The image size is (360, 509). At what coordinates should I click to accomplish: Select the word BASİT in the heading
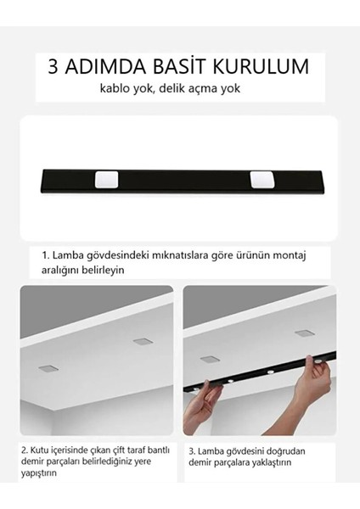pos(181,67)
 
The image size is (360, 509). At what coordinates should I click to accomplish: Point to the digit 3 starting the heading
pos(55,67)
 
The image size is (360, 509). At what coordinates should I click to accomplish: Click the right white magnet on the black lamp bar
pos(260,180)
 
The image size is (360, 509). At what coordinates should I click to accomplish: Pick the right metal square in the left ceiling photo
pos(141,341)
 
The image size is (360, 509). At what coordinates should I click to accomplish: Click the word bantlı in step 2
pos(156,450)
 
